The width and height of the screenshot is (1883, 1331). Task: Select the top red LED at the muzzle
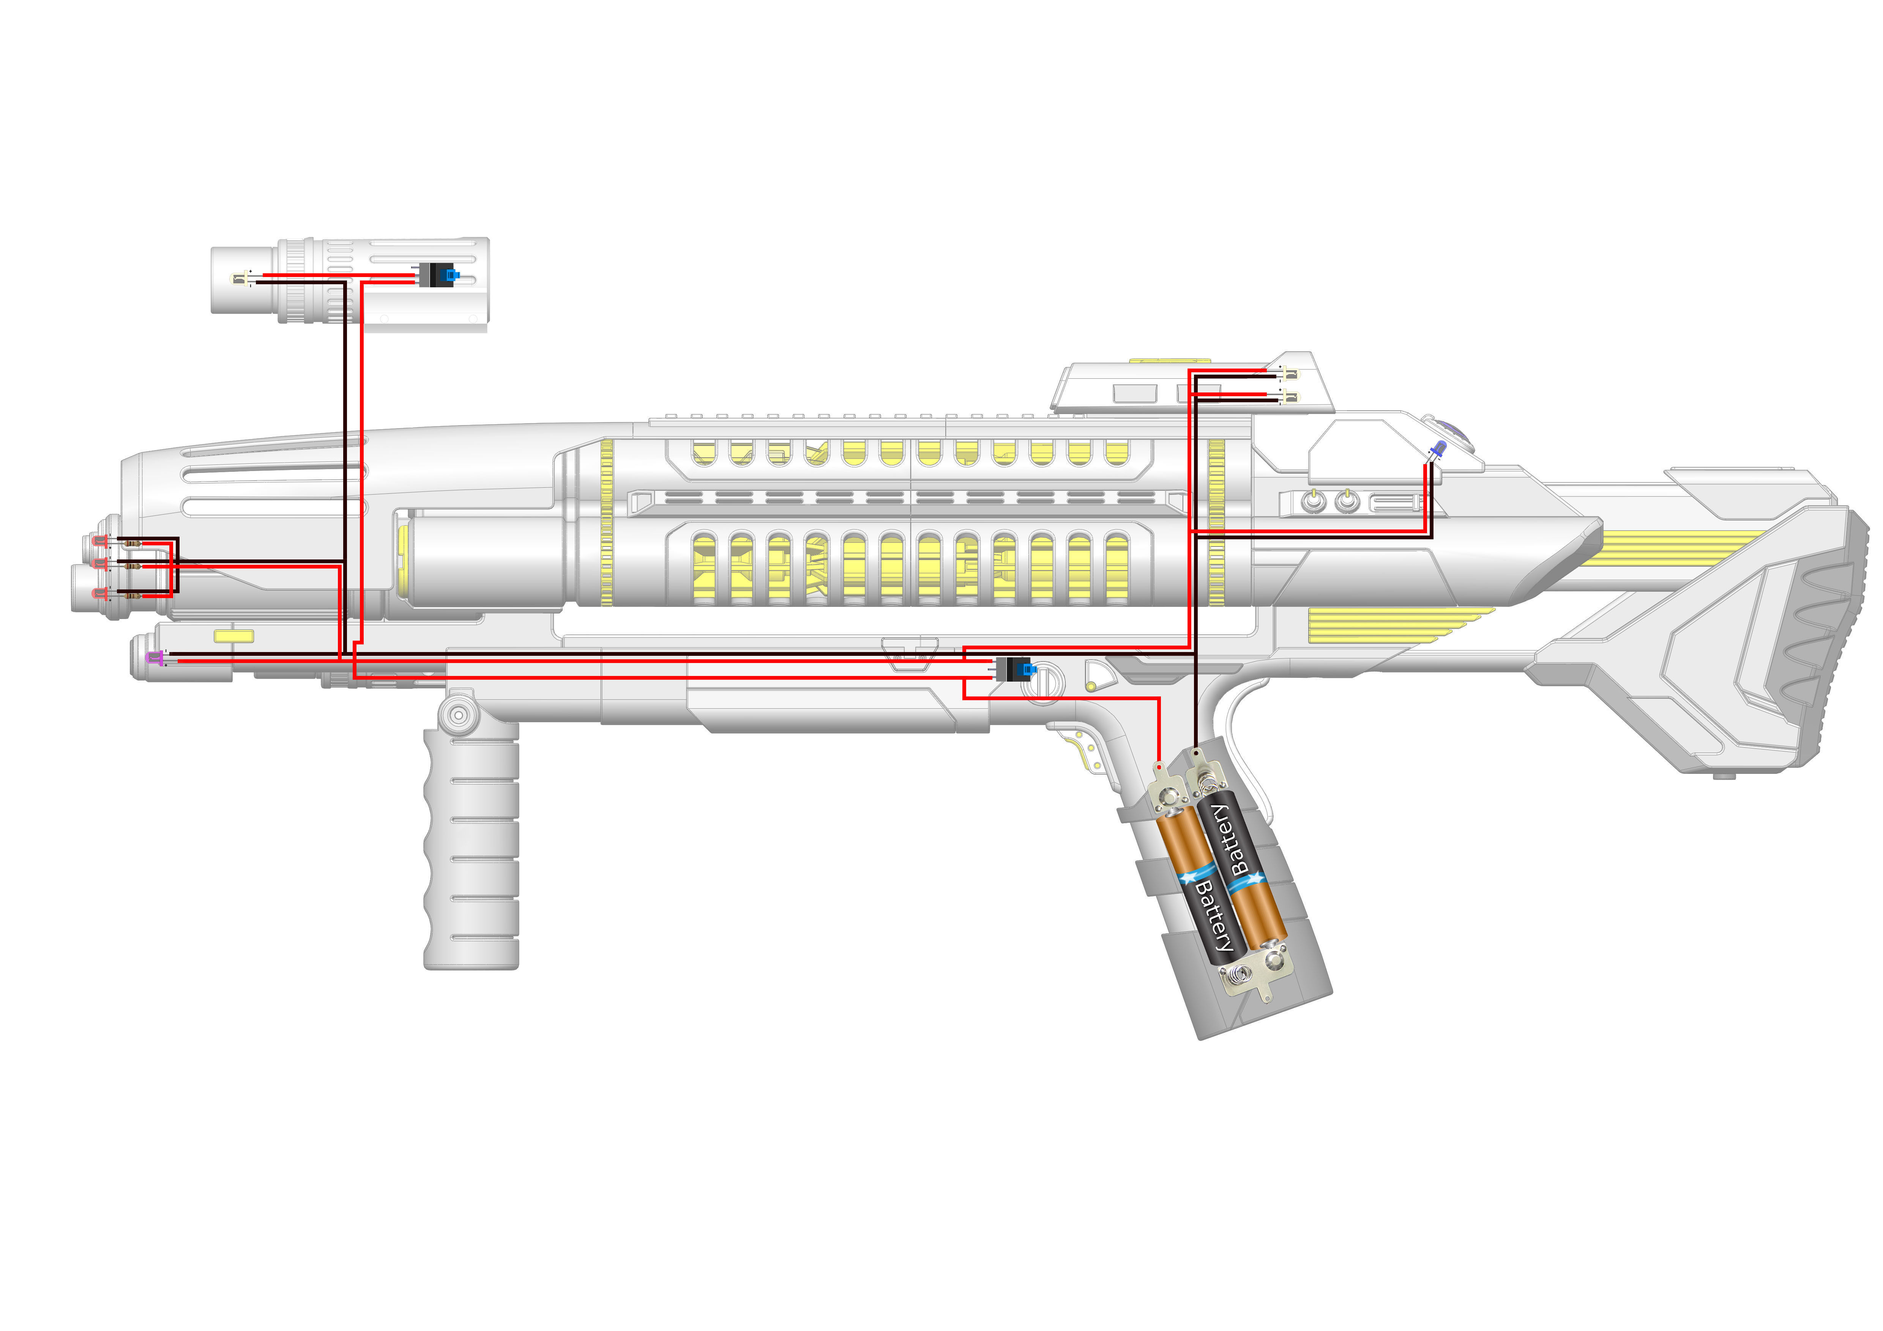tap(102, 541)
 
